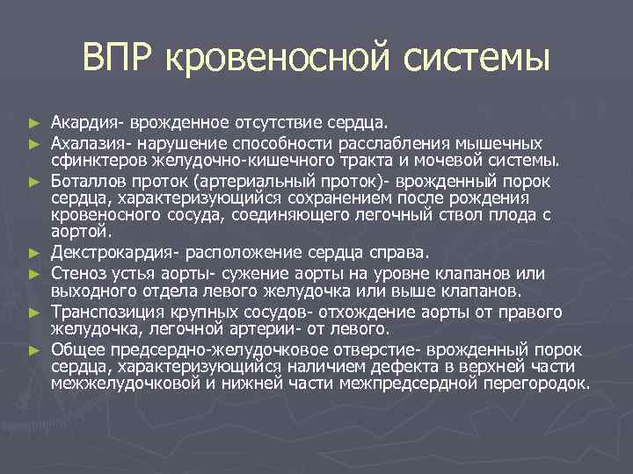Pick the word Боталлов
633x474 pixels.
coord(86,181)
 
